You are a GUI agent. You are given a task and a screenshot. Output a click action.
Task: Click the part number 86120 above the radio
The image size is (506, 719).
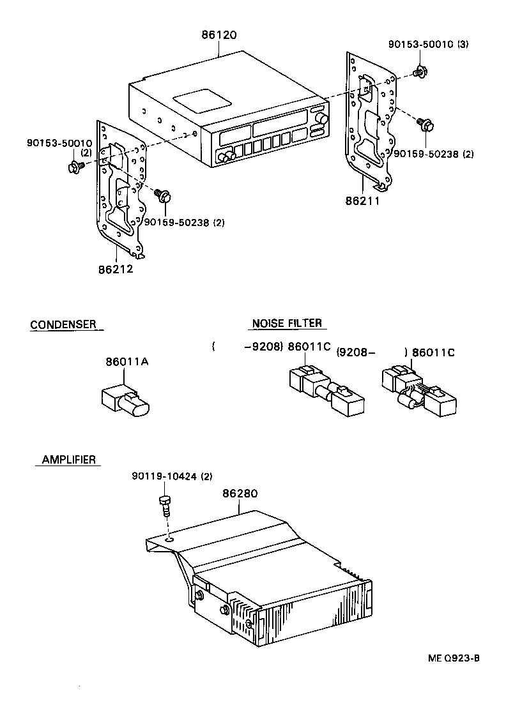tap(219, 36)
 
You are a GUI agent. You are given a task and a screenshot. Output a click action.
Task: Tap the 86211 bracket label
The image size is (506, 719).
tap(364, 201)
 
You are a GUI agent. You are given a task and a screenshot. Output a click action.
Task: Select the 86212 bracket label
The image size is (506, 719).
tap(116, 269)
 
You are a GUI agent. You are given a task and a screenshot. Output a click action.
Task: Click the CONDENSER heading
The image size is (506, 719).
tap(63, 324)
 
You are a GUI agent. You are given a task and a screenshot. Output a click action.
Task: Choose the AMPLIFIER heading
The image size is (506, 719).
tap(68, 459)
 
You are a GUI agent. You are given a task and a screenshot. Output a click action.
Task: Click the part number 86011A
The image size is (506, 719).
tap(127, 362)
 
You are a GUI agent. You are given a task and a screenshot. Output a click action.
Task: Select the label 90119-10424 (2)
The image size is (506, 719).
tap(172, 476)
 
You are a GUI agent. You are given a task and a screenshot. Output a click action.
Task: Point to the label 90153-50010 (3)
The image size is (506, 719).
tap(428, 44)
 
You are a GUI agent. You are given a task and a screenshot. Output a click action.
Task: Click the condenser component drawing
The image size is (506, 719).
tap(126, 400)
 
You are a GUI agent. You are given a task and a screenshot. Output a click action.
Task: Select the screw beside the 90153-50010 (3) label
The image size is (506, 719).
tap(420, 72)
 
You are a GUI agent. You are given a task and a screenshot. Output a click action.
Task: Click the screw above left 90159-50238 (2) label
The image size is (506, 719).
tap(164, 195)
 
